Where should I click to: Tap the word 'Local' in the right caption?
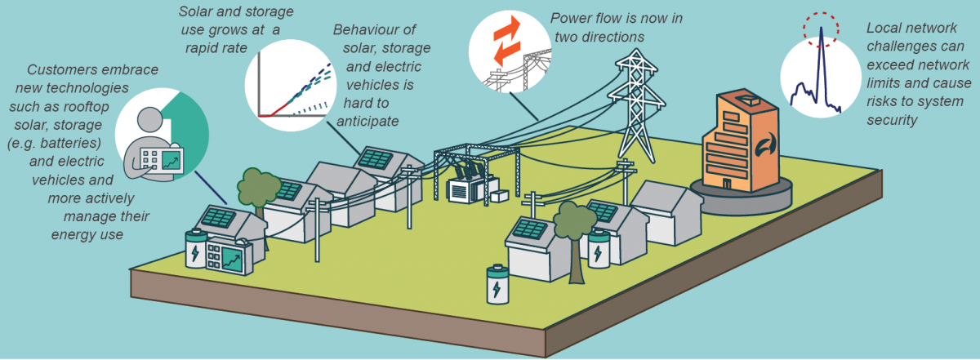tap(884, 30)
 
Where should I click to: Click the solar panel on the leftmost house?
tap(219, 216)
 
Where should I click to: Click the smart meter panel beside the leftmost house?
tap(225, 257)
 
